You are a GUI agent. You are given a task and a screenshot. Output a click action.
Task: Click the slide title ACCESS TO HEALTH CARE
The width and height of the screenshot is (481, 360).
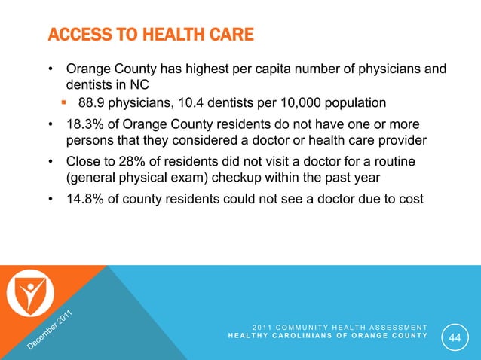151,35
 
